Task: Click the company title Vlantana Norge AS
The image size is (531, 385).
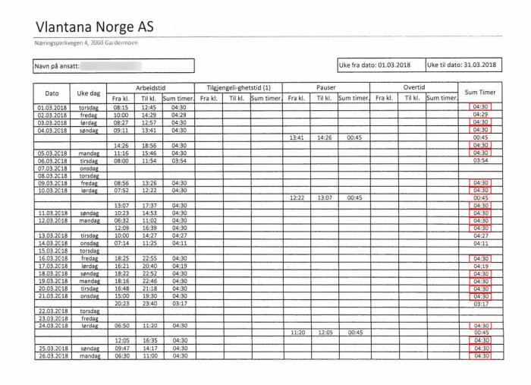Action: click(x=94, y=27)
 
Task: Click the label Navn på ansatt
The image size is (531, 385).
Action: click(x=58, y=67)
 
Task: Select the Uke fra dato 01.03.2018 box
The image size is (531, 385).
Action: click(x=379, y=65)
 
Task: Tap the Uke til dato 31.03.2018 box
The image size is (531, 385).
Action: click(x=461, y=65)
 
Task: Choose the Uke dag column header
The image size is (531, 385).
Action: click(x=89, y=93)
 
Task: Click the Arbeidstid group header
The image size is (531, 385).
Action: click(x=151, y=87)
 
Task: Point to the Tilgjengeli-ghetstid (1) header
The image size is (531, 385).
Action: click(x=239, y=87)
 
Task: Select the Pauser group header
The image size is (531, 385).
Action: click(x=327, y=87)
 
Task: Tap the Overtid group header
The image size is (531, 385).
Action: click(x=414, y=87)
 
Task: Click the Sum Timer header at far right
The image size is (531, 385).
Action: click(x=480, y=93)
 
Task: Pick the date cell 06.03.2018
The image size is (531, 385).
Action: click(x=52, y=161)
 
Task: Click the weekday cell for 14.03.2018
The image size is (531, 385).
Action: click(x=89, y=243)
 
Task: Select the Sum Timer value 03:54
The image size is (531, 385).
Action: click(x=480, y=161)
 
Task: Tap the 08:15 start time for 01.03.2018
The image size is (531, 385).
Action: click(x=121, y=107)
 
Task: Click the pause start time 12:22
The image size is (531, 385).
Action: click(x=297, y=197)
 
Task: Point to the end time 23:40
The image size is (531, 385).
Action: click(x=149, y=303)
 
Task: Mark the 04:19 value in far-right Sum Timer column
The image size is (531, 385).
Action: click(x=480, y=266)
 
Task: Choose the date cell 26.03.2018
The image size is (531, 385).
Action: click(x=52, y=355)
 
